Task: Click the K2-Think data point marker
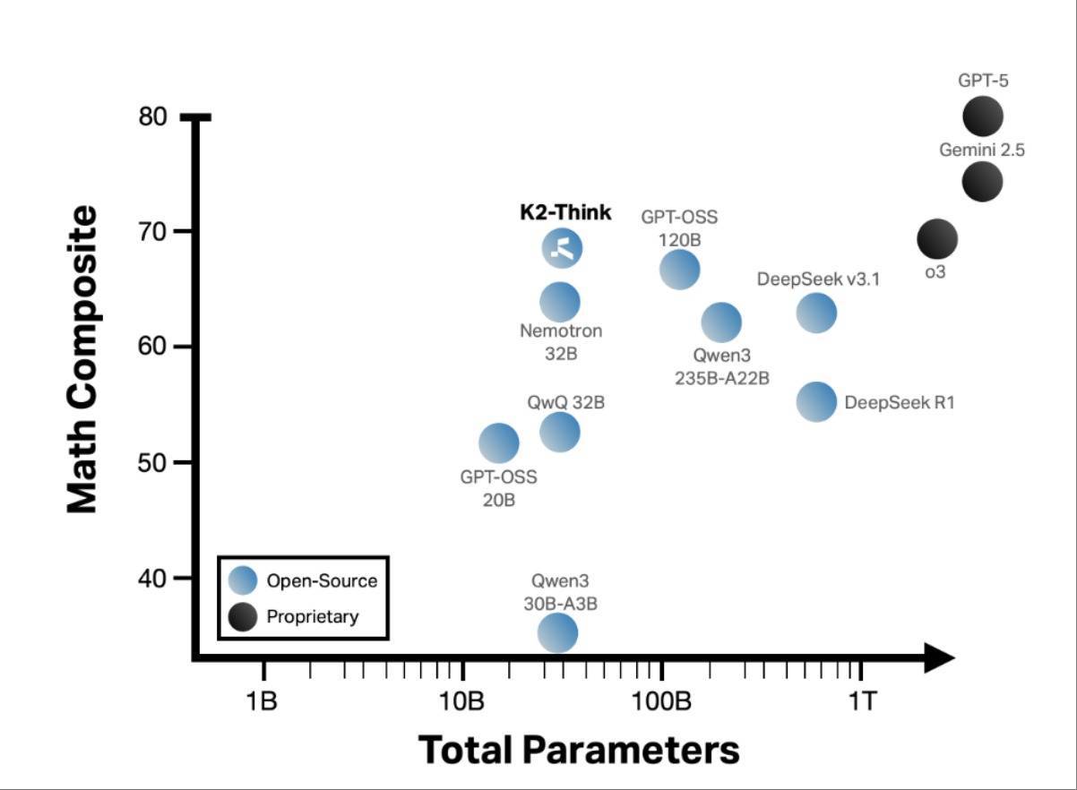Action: point(563,248)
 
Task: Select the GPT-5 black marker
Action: point(982,116)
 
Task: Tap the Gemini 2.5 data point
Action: point(982,182)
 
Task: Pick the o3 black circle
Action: point(937,239)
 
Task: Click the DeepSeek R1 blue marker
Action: point(815,402)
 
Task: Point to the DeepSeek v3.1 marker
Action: point(815,313)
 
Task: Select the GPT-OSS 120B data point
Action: point(679,269)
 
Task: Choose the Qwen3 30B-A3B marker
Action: point(557,633)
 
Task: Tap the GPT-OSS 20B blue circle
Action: point(498,442)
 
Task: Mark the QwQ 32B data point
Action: point(560,432)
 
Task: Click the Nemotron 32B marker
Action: point(560,302)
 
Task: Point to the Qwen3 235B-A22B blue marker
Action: point(720,322)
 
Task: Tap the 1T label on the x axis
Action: point(862,700)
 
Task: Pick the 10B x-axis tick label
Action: point(462,700)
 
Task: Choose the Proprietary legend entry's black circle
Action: point(243,616)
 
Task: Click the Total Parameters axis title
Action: point(579,749)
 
